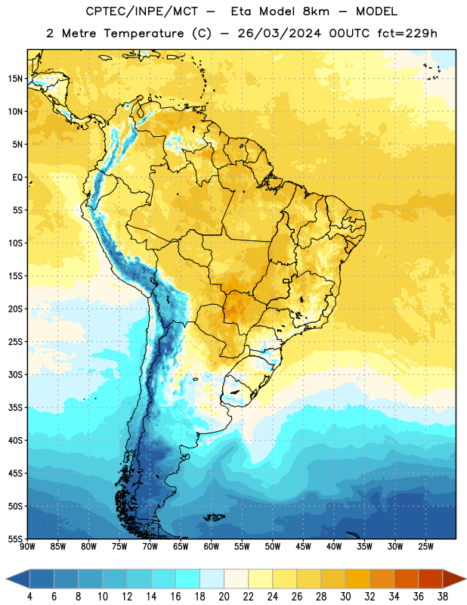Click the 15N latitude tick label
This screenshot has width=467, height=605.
(15, 79)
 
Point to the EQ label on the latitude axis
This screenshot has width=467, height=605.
(17, 178)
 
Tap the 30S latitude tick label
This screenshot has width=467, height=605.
(15, 374)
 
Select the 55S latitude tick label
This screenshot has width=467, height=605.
(15, 539)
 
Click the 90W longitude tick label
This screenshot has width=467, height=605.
(27, 547)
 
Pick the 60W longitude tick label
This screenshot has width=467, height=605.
(212, 547)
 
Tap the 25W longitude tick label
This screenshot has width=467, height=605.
(425, 547)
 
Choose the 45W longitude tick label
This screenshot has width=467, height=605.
(303, 547)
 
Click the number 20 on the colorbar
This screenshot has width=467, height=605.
(224, 597)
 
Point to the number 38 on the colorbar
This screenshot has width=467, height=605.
(443, 597)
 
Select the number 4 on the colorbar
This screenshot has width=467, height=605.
(29, 597)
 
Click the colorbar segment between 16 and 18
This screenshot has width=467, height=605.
(188, 579)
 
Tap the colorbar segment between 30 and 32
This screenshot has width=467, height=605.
(357, 579)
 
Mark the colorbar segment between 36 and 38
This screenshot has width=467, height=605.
(431, 579)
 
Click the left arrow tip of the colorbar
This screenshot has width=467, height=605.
(6, 579)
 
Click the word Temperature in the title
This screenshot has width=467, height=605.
(144, 33)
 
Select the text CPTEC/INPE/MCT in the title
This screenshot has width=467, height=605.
(142, 11)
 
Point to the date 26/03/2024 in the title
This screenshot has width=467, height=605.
(279, 33)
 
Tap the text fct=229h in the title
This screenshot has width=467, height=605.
(407, 33)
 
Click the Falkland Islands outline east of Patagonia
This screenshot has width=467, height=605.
(214, 517)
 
